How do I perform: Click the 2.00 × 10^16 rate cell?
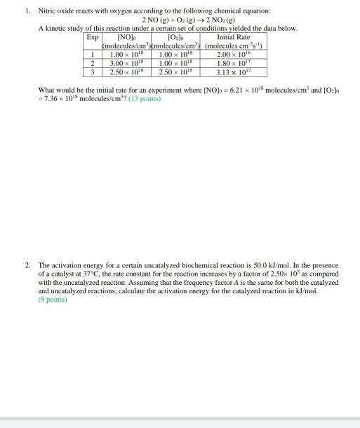pos(234,53)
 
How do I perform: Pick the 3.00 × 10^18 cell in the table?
pos(126,62)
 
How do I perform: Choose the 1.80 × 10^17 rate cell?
pos(234,62)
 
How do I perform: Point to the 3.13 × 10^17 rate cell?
pos(234,70)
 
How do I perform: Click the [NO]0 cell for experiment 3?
pos(126,70)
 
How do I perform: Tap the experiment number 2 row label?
pos(93,62)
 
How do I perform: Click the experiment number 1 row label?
pos(93,53)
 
